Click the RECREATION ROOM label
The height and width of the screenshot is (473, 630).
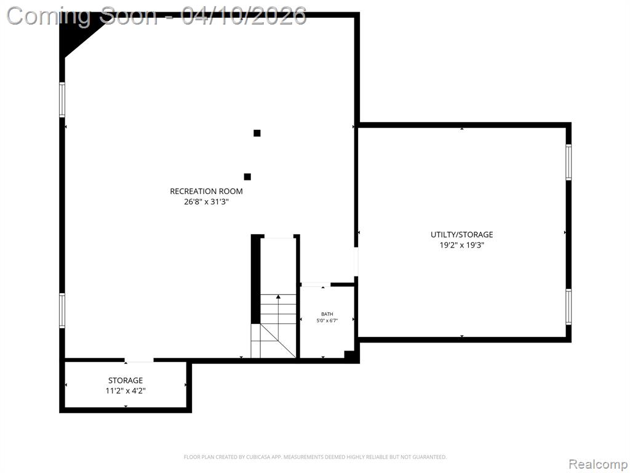(206, 191)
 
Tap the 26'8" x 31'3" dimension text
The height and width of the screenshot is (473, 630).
(206, 202)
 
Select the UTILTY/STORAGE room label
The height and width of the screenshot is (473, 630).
(461, 235)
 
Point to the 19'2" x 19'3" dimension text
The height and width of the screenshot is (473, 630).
(461, 245)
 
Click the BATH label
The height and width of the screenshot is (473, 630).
(327, 314)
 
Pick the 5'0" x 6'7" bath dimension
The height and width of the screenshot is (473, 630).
(327, 320)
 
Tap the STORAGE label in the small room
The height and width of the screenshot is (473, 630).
(126, 380)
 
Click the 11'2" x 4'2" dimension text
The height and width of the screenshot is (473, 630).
(126, 390)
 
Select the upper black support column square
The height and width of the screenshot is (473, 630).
(257, 133)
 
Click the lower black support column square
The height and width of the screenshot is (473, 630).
(247, 177)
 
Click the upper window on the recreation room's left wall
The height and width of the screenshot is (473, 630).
(62, 100)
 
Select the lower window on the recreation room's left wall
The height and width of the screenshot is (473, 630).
(62, 310)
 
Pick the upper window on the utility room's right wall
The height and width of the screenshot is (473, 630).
(568, 162)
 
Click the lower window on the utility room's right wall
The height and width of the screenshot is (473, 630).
(568, 307)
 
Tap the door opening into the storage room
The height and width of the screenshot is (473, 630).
(139, 360)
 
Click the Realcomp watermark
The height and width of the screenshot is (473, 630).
(598, 464)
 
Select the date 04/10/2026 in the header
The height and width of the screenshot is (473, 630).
(244, 16)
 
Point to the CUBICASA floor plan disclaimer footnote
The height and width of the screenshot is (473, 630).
(315, 457)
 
